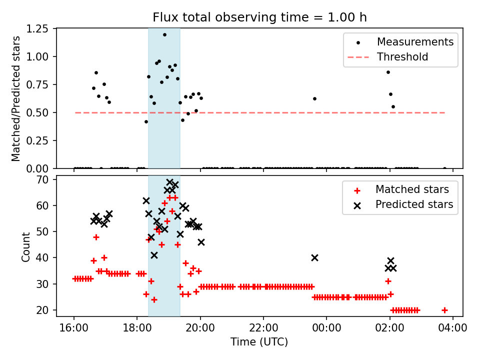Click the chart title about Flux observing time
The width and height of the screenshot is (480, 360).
coord(259,17)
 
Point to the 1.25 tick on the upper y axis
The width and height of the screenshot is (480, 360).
coord(38,29)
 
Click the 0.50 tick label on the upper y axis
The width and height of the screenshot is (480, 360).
coord(38,112)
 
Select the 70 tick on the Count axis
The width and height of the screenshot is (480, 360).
coord(44,179)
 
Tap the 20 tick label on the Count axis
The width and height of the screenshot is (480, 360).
coord(44,310)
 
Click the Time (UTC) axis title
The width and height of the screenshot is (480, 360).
coord(259,342)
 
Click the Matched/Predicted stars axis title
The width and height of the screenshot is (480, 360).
coord(16,98)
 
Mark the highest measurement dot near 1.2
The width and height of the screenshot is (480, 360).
coord(164,34)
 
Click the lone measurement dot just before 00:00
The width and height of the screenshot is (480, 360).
coord(314,98)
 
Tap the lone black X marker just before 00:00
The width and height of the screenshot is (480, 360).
coord(314,257)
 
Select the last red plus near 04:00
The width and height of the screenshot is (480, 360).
coord(444,310)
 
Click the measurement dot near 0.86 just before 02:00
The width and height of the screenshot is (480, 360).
coord(388,72)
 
